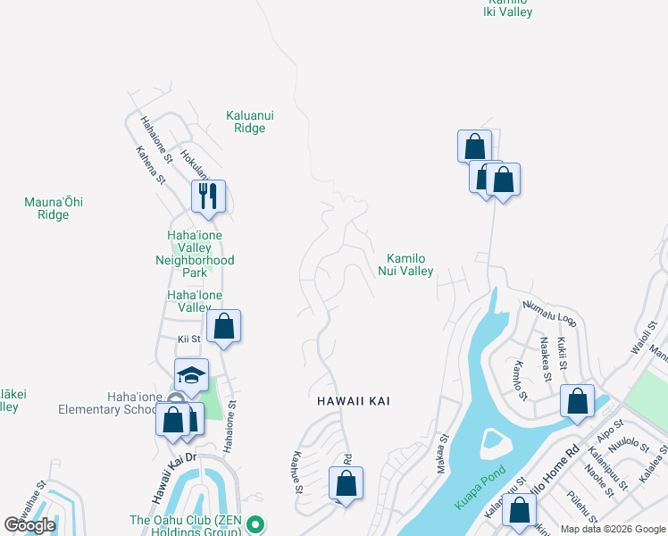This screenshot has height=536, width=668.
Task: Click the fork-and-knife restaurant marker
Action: pos(208,197)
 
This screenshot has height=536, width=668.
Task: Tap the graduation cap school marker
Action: pos(191,375)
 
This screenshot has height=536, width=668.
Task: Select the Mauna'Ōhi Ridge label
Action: pos(54,208)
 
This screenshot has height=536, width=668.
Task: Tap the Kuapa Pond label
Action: pos(480,488)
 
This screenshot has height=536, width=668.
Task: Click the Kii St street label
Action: pos(189,339)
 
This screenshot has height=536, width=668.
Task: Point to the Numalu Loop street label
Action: pos(550,314)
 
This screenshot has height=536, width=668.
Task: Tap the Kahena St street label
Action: pos(151,164)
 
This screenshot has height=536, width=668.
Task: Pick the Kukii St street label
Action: pos(564,351)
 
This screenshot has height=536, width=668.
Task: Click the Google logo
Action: pos(29,525)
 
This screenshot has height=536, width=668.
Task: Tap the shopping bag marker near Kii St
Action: pos(224,326)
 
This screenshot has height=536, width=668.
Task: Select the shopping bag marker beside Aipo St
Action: pos(578,401)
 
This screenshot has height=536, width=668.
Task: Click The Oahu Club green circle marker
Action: pos(255,523)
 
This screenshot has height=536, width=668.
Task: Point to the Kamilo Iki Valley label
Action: pos(507,8)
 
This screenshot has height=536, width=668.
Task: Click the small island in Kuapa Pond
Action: pos(493,440)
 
